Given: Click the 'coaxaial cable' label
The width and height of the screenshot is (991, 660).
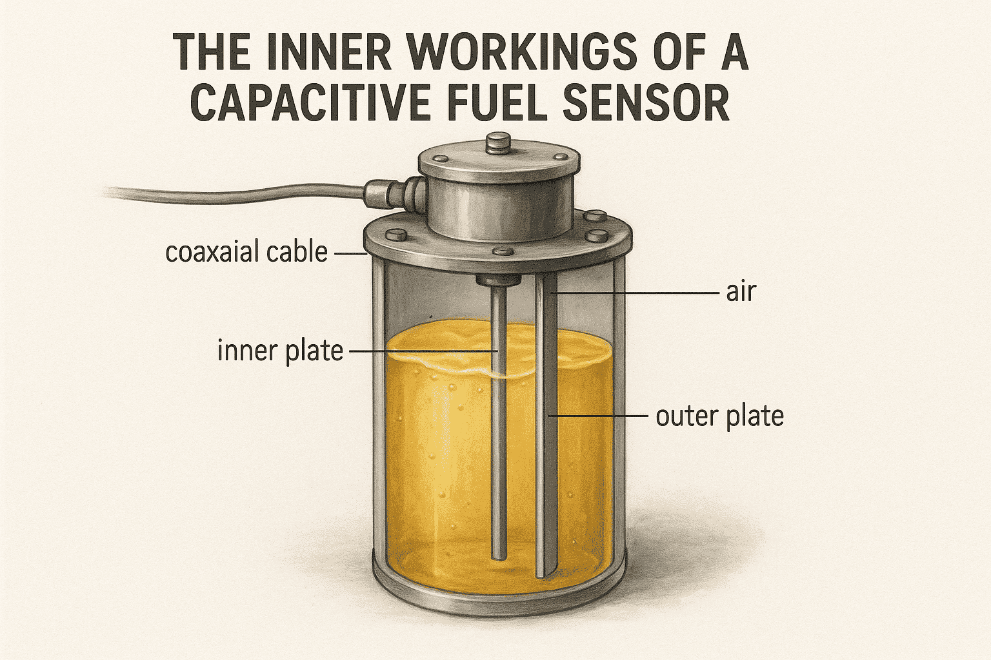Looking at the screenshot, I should pyautogui.click(x=246, y=252).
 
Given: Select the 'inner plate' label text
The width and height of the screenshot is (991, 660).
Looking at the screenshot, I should pyautogui.click(x=280, y=351).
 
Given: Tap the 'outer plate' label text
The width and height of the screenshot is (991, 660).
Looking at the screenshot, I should pyautogui.click(x=719, y=416).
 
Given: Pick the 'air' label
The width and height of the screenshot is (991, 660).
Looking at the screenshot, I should pyautogui.click(x=740, y=292).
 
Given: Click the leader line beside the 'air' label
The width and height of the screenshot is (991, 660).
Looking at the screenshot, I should pyautogui.click(x=639, y=293).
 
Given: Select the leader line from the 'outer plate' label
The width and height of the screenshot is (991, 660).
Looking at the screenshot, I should pyautogui.click(x=600, y=416).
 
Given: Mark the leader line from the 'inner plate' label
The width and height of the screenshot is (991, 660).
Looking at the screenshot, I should pyautogui.click(x=423, y=351).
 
